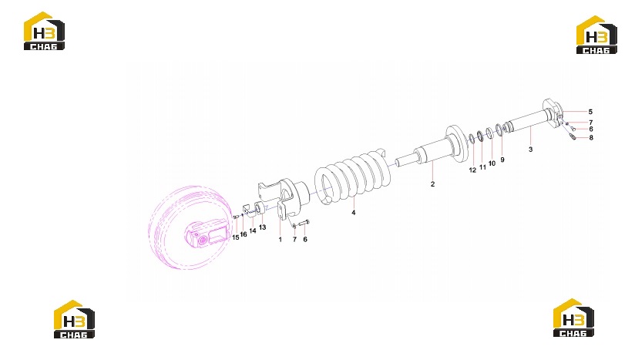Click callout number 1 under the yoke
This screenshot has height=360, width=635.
[x=280, y=240]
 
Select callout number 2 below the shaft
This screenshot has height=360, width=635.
[x=432, y=183]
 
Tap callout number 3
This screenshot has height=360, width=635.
[x=530, y=150]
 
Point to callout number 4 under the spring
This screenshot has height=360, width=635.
[x=354, y=213]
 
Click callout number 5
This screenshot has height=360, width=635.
[x=590, y=112]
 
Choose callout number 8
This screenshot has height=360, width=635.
[x=591, y=138]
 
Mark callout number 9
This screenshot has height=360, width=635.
[x=502, y=160]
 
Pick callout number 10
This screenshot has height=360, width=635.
[x=492, y=163]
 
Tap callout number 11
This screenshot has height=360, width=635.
[x=482, y=167]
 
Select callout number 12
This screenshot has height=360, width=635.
[x=472, y=170]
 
